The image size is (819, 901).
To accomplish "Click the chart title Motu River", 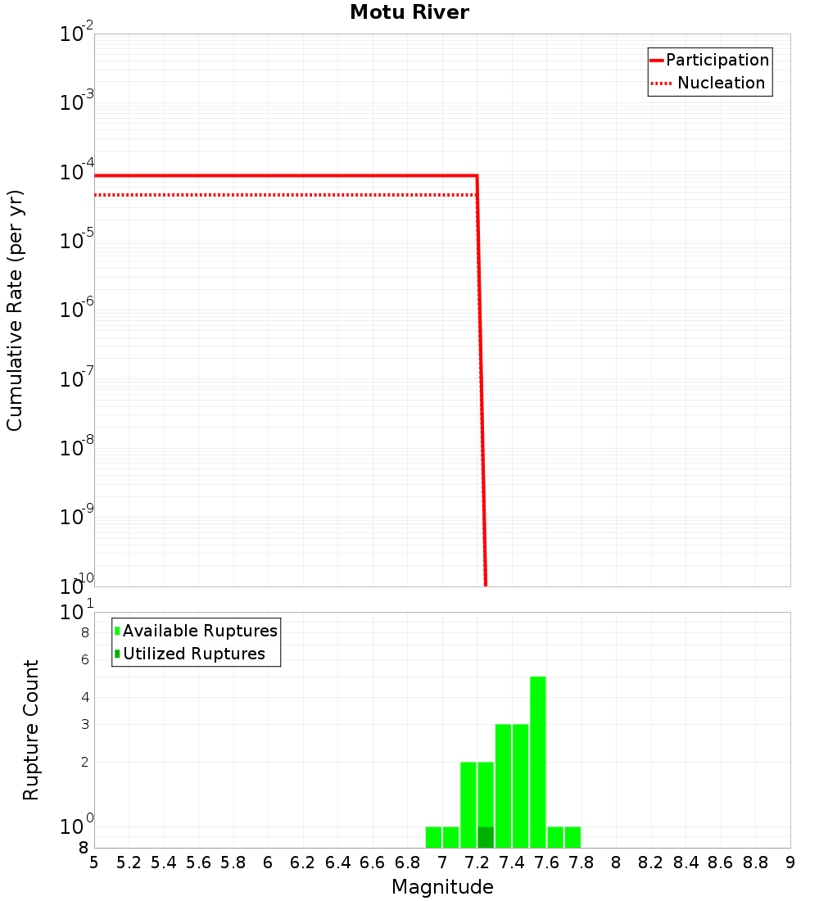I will click(x=409, y=12).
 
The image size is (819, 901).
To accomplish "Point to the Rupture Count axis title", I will click(x=31, y=730).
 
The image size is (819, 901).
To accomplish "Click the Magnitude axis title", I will click(x=442, y=887).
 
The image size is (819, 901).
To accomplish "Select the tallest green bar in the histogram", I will click(x=537, y=762).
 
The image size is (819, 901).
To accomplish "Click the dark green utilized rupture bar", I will click(x=486, y=837).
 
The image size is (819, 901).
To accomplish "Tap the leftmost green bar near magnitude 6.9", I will click(x=433, y=837).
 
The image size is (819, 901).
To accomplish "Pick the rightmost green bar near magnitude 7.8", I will click(x=572, y=837).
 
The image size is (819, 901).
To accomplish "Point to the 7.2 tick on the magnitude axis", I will click(x=477, y=863).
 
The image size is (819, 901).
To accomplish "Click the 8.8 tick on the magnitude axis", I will click(x=755, y=863).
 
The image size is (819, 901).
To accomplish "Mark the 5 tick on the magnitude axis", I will click(x=94, y=863).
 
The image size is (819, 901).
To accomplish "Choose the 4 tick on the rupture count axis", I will click(x=84, y=697).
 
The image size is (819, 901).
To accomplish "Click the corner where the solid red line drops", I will click(x=477, y=176).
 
